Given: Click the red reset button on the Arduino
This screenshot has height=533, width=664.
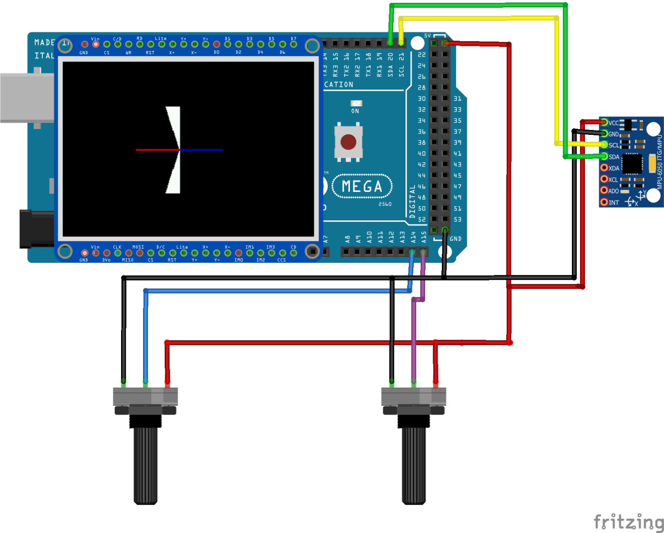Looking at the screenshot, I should (348, 142).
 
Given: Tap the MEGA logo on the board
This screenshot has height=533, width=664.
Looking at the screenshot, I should (362, 186).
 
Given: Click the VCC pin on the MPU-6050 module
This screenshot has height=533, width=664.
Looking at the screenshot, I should (604, 123).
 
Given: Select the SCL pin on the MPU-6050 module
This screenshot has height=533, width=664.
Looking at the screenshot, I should (604, 145).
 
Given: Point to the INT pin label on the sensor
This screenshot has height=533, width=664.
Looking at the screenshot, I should (614, 202).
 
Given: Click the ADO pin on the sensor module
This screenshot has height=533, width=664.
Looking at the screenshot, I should (604, 190).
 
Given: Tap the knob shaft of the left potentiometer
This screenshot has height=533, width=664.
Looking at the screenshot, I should (145, 465).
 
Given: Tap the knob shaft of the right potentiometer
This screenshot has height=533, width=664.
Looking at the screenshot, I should (414, 465).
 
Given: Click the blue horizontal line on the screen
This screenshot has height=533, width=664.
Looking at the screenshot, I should (201, 150).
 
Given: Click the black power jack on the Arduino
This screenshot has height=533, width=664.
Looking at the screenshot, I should (36, 229).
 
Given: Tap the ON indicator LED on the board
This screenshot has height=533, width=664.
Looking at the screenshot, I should (356, 103).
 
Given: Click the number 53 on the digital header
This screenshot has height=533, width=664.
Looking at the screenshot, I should (457, 220).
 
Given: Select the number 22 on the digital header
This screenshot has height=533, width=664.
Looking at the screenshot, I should (421, 55).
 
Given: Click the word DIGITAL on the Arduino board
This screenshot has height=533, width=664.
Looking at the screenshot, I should (412, 201).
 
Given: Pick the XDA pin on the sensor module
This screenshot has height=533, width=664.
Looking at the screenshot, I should (604, 167).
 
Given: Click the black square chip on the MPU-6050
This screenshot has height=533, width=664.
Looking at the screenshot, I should (632, 163).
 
